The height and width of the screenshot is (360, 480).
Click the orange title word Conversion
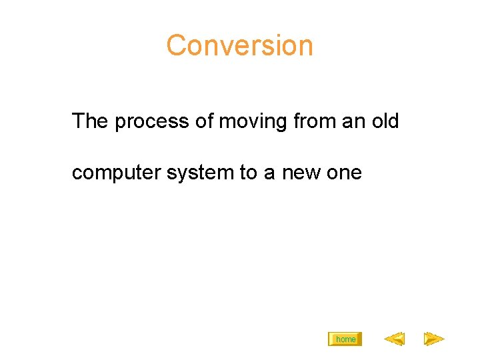click(239, 45)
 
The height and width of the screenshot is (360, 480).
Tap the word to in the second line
click(249, 173)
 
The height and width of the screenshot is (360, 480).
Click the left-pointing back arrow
click(394, 339)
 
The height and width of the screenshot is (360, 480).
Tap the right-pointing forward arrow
click(434, 339)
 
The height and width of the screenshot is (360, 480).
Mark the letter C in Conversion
click(176, 45)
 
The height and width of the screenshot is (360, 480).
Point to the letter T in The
click(78, 121)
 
